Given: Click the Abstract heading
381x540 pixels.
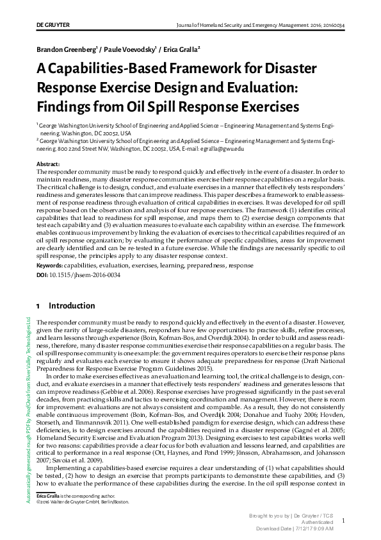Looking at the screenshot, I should point(49,165).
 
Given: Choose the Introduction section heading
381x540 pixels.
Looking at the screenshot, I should point(72,306).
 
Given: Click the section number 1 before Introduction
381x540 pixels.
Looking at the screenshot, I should point(39,306).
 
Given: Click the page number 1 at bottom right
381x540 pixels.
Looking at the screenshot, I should point(343,521).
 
